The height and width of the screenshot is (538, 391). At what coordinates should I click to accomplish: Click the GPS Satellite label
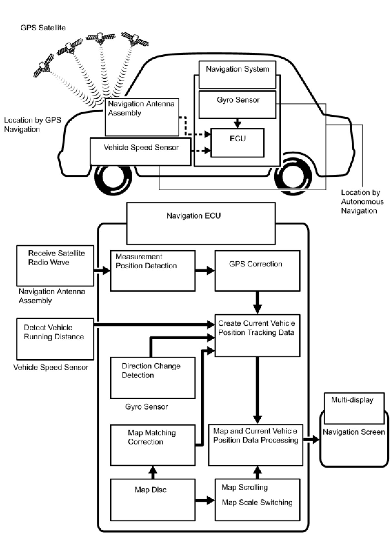point(43,28)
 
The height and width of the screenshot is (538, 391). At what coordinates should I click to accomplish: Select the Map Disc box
point(153,500)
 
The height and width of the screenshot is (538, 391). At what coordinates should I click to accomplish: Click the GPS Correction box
point(257,271)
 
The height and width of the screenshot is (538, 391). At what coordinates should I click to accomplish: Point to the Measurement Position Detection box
point(153,271)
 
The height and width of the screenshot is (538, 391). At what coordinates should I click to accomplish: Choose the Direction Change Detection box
point(153,378)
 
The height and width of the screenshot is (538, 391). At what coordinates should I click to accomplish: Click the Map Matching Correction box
point(153,445)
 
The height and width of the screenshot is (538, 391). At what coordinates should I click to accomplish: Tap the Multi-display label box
point(354,409)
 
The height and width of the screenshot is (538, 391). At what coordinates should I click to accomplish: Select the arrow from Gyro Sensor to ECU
point(237,123)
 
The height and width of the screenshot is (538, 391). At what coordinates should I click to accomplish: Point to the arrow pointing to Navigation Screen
point(311,440)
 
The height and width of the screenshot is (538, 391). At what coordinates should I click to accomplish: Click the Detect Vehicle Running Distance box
point(55,339)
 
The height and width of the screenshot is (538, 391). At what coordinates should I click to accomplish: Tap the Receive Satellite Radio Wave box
point(55,266)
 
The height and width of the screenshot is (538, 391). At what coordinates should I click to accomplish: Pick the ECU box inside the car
point(237,143)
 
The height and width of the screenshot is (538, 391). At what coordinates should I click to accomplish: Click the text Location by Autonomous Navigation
point(362,202)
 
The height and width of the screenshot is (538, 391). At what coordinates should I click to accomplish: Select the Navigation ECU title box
point(201,224)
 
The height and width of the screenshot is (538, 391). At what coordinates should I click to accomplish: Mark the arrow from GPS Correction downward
point(257,303)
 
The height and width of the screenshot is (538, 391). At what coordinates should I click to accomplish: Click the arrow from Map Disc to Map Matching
point(153,472)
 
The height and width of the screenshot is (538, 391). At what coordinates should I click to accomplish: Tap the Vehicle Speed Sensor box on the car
point(140,152)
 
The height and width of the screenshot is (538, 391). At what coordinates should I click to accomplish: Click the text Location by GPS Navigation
point(33,125)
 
